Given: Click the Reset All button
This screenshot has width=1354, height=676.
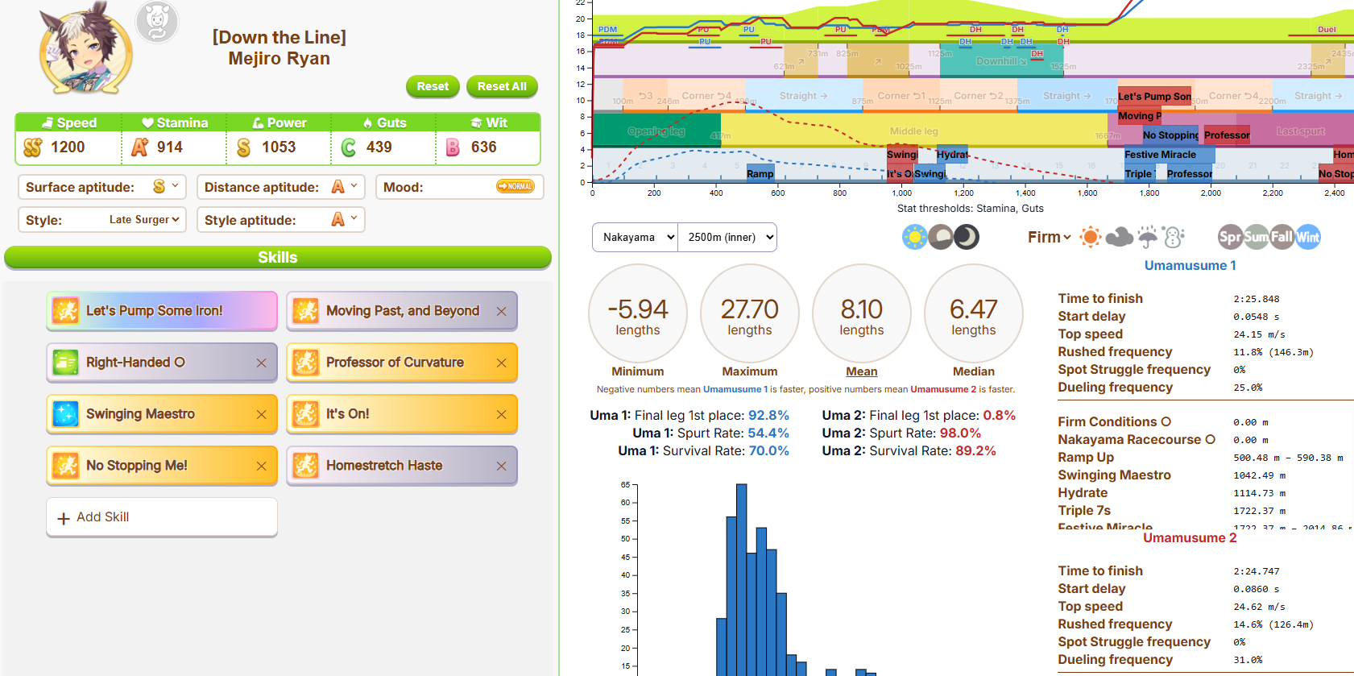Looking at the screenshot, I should pos(501,86).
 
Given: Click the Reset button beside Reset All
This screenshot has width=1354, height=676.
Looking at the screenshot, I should pos(433,86).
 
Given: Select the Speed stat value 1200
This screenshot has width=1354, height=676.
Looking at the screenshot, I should pos(68,147).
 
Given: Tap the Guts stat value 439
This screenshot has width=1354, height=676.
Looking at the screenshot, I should pos(379,147).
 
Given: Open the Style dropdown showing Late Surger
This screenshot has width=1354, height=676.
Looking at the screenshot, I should pos(144,220).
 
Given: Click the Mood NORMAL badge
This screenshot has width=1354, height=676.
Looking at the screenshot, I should pos(516,187).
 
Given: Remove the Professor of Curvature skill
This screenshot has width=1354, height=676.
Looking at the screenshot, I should pos(501,363).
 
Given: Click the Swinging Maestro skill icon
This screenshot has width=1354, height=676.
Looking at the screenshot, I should pos(65,414).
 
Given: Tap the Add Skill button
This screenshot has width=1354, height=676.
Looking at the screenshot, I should pos(162,517).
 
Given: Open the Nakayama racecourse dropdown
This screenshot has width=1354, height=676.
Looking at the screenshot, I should pos(635,238).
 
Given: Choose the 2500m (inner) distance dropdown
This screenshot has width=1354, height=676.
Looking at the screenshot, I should pos(727,238).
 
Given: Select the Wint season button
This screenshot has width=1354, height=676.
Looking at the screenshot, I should pos(1308,237).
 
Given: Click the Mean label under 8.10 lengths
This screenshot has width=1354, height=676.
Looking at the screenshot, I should pos(861,371).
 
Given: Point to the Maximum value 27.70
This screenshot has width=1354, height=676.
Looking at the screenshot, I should pos(749,309).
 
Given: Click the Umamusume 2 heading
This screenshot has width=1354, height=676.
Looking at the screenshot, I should pos(1189,538).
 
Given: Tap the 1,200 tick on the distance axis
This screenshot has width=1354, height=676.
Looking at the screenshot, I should pos(963,193).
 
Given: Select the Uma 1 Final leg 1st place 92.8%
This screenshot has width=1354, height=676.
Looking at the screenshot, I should pos(768,416).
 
